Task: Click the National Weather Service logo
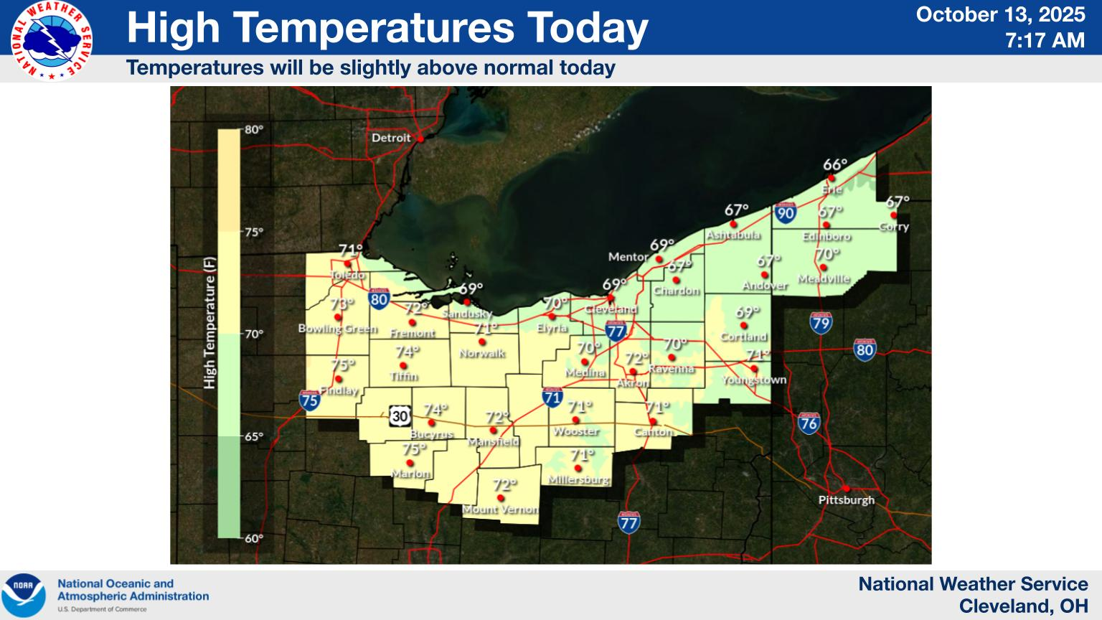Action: [52, 40]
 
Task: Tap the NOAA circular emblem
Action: [24, 595]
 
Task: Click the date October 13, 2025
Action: [1000, 15]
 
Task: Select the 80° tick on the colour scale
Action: [253, 130]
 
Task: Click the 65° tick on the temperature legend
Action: [253, 436]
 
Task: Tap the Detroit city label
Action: [391, 138]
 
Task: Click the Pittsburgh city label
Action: [846, 499]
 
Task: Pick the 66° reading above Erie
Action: [835, 165]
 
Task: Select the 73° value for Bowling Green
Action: [342, 303]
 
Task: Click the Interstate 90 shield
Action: [785, 212]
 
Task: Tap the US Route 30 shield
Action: [400, 415]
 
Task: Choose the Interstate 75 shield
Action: [309, 400]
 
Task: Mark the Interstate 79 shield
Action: [820, 323]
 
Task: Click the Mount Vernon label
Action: [499, 509]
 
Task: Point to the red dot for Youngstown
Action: [754, 368]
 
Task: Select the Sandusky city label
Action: [466, 314]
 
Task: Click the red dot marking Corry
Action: [893, 215]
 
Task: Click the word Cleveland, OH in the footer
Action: [1023, 606]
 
